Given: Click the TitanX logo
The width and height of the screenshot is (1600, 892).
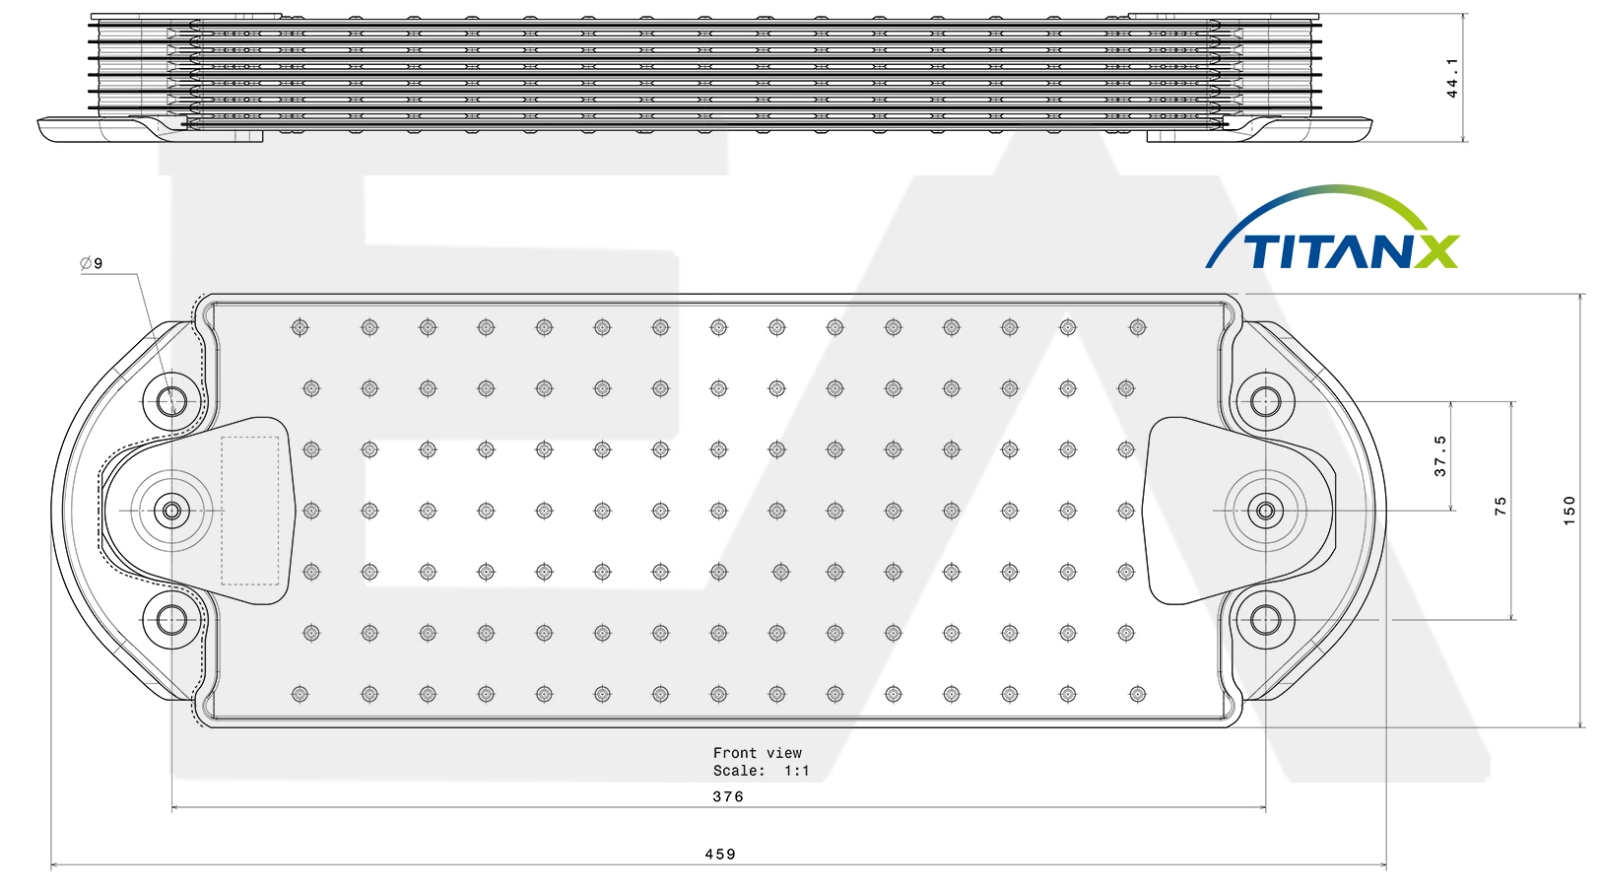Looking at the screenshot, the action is point(1333,228).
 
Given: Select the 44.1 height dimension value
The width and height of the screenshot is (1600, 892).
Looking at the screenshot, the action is point(1451,78).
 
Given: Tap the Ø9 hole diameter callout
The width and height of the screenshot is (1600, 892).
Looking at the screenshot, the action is point(92,263).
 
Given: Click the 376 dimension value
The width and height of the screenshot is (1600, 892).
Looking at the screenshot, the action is point(728,796).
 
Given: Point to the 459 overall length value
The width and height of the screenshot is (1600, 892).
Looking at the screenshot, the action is point(720,855).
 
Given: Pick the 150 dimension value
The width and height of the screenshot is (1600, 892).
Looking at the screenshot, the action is point(1568,511).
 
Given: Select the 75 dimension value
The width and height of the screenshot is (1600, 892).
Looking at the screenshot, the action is point(1500,506).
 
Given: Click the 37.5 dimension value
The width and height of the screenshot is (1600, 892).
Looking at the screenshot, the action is point(1440,456).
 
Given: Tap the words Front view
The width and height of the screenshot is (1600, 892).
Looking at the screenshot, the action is point(757,753).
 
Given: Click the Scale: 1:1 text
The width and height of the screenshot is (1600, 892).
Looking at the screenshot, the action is point(761,771).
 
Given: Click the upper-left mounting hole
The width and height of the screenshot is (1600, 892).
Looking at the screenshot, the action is point(171,402).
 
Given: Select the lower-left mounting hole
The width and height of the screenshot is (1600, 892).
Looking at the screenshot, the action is point(171,620).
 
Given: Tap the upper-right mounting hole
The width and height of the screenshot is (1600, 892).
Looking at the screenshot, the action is point(1266,402).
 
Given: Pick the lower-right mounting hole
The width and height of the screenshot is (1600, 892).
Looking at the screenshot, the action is point(1266,620).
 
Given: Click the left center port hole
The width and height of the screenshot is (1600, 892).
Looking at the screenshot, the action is point(171,511).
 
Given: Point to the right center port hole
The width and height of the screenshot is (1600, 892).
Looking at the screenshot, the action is point(1266,511).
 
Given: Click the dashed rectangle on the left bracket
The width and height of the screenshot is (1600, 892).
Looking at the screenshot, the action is point(250,438).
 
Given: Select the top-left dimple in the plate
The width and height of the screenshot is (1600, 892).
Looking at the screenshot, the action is point(300,327).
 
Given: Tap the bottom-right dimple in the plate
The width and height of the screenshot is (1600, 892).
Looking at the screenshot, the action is point(1138,693).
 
